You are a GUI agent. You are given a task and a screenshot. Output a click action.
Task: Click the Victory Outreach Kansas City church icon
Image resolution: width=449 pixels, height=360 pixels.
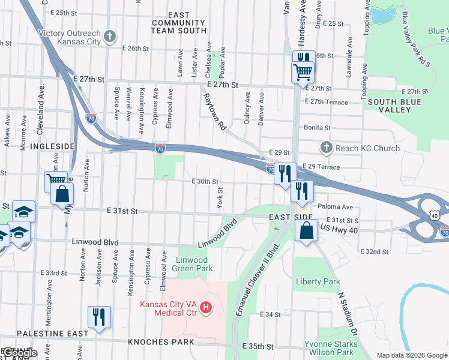(x=109, y=37)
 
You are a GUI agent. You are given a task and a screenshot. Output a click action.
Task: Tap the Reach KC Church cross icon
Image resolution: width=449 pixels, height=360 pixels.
(x=326, y=148)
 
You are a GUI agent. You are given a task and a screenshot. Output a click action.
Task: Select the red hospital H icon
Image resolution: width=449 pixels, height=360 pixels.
(x=206, y=308)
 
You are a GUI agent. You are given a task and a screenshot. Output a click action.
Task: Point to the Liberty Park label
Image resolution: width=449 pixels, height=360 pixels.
(x=318, y=281)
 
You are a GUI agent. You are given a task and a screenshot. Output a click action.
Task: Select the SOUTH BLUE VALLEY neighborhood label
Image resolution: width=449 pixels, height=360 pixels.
(x=397, y=107)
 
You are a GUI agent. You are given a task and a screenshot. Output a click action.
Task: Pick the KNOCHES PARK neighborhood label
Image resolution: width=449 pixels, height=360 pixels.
(x=161, y=342)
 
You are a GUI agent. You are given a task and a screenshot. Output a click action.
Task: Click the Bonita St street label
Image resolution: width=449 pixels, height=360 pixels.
(x=318, y=128)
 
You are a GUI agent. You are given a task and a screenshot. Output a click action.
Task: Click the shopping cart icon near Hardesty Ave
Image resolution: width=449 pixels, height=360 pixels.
(x=302, y=72)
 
